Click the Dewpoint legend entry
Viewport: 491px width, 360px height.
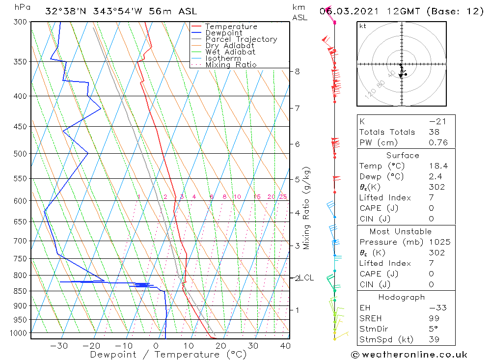[224, 33]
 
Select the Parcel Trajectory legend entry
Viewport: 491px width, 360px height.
[241, 39]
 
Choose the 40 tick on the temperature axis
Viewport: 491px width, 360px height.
[285, 346]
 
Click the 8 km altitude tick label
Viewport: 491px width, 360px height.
[297, 71]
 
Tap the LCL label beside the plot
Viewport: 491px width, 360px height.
[307, 278]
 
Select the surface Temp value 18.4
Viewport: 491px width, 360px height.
[438, 166]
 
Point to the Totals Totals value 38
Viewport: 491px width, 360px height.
[434, 132]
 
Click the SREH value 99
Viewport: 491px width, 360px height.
[434, 318]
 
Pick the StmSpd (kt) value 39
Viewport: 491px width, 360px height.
[434, 339]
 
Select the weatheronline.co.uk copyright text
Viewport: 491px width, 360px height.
[409, 355]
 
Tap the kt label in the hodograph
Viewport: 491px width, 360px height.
[363, 26]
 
